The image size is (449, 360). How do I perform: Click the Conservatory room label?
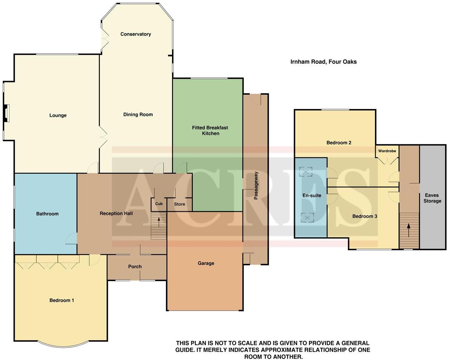point(136,34)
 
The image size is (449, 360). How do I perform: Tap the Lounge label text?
point(58,116)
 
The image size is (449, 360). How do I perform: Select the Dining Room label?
point(138,114)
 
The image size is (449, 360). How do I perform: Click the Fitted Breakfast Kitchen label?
point(210,130)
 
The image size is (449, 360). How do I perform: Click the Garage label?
point(206,263)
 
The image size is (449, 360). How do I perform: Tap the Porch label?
point(135,267)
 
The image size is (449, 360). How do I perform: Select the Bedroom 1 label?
point(62,300)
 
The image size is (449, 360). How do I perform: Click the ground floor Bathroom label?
point(47,214)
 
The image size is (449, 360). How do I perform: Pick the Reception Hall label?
point(116,213)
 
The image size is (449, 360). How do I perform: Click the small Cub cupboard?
point(159,204)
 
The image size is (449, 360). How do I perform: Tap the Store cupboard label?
point(180,204)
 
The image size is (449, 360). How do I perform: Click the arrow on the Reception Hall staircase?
point(159,221)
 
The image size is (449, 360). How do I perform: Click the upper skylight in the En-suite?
point(307,172)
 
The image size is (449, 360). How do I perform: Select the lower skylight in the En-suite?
point(307,217)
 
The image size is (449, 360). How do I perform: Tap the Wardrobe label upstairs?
point(387,151)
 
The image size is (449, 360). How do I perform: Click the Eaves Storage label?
point(432,198)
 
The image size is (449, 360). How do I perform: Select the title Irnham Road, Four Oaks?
point(323,62)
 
